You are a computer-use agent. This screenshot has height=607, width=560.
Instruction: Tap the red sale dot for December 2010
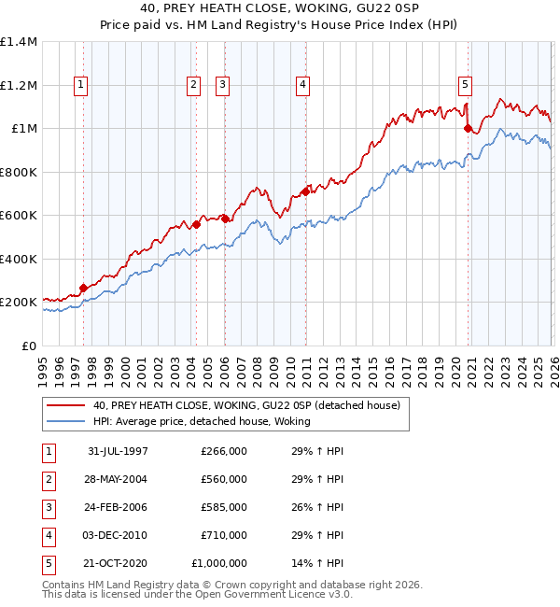304,192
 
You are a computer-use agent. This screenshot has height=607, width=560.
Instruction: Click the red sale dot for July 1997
84,289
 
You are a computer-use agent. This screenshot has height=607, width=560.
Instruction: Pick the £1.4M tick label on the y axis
19,42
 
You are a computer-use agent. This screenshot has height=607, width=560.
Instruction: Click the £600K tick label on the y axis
19,216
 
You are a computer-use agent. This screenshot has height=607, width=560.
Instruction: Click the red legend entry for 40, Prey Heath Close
246,405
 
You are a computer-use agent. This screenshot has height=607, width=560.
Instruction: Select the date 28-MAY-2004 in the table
118,479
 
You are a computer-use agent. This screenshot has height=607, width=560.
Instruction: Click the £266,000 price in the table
223,451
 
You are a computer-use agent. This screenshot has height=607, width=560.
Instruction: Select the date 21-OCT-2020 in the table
118,563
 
